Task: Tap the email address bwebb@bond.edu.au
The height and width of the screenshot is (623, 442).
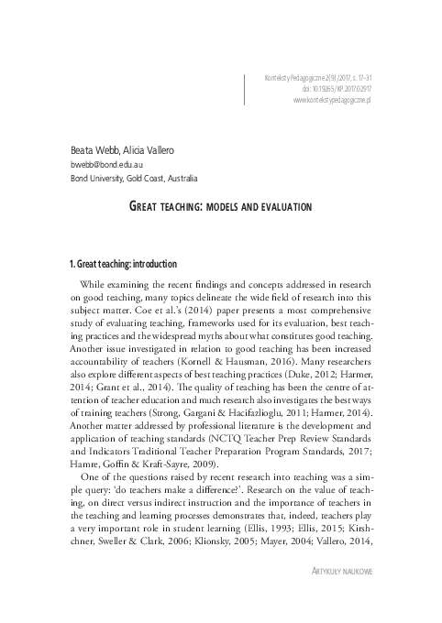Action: tap(106, 164)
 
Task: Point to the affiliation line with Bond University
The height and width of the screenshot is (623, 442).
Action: tap(133, 179)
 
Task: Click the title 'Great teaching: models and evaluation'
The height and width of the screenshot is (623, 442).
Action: tap(220, 208)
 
